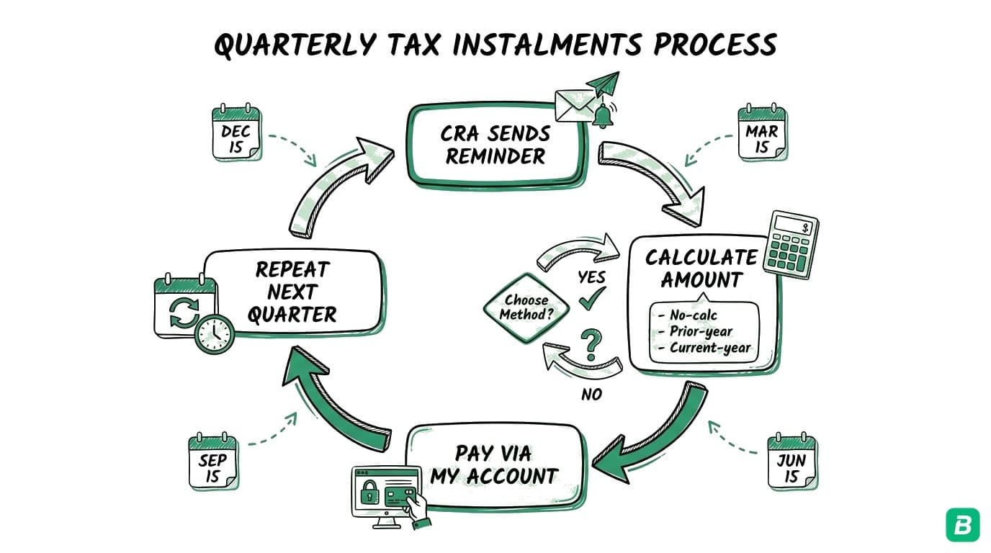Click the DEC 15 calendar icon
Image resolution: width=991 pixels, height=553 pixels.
tap(236, 134)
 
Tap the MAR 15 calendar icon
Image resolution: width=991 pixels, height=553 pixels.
tap(762, 134)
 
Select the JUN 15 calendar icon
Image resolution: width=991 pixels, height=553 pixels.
tap(792, 463)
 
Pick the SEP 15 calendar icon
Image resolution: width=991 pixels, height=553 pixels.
tap(212, 462)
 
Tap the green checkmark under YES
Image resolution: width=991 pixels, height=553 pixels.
tap(592, 300)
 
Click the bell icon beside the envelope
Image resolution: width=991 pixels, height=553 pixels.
tap(601, 116)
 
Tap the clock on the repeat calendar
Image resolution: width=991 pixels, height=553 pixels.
tap(215, 334)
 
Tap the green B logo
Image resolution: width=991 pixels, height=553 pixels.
tap(962, 523)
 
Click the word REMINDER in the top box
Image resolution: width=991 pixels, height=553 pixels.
tap(495, 156)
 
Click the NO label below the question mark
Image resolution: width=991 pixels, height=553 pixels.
tap(591, 394)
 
